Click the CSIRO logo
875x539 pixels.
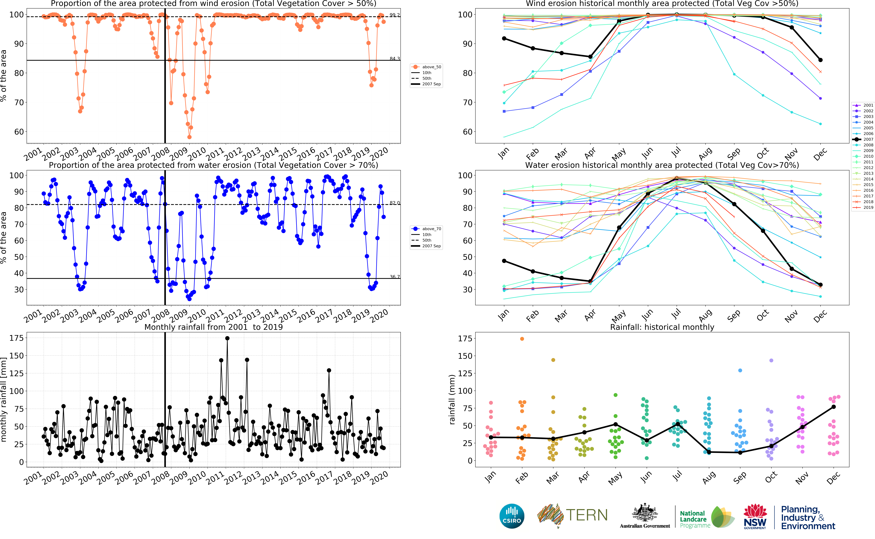click(512, 516)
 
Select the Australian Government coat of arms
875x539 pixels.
click(644, 513)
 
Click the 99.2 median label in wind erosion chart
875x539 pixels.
click(395, 15)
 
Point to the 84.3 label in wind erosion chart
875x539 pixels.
click(395, 58)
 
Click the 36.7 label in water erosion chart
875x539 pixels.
click(395, 277)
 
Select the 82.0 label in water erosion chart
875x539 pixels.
click(395, 203)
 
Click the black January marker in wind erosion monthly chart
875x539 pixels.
click(504, 38)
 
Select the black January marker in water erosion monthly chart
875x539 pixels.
click(504, 261)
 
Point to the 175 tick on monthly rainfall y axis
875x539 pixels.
click(16, 338)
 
